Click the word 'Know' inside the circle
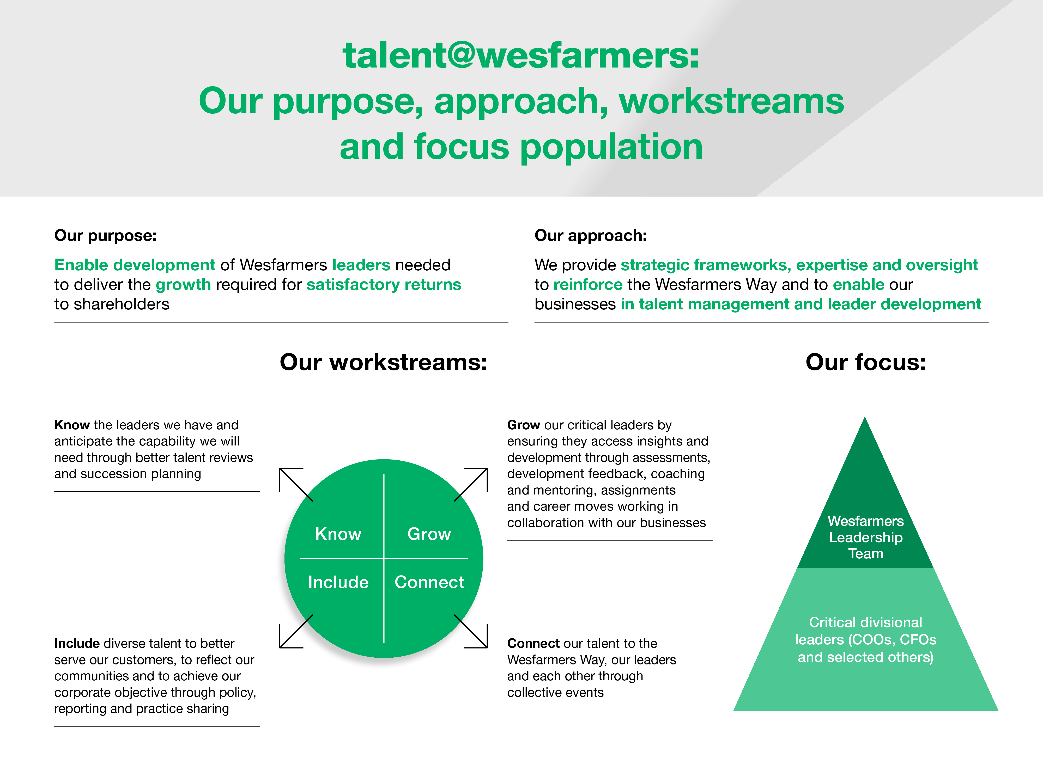pos(338,534)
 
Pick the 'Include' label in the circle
pos(338,582)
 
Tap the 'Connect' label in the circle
pos(429,582)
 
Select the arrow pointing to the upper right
pos(471,484)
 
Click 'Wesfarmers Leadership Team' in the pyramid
pos(866,537)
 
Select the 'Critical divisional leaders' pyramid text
pos(866,640)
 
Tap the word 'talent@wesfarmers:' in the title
pos(521,55)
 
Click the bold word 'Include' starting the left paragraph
pos(77,643)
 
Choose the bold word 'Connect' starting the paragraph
pos(533,643)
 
